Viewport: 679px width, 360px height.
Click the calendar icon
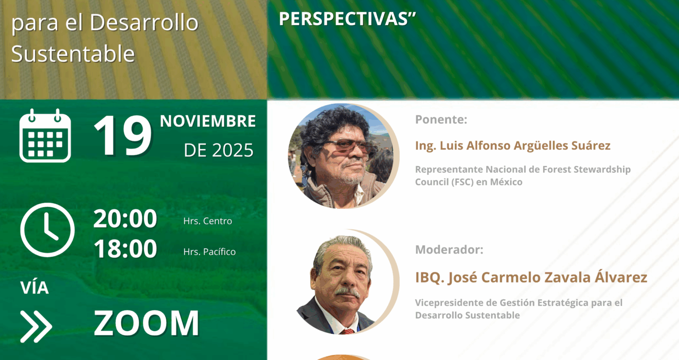tap(45, 136)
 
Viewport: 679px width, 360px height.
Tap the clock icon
tap(48, 230)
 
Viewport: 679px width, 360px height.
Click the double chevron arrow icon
tap(36, 327)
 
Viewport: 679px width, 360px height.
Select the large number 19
tap(123, 135)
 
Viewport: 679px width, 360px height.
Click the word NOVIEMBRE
tap(208, 121)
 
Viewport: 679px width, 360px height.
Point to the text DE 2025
tap(219, 150)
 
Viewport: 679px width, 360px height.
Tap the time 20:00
tap(125, 219)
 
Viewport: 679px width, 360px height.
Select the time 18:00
tap(125, 249)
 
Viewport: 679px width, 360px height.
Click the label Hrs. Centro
tap(208, 221)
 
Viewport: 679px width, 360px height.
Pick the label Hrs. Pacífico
tap(209, 251)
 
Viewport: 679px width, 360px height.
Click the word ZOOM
tap(147, 323)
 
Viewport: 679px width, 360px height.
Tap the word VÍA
tap(34, 287)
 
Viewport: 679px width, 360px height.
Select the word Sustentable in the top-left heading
tap(73, 54)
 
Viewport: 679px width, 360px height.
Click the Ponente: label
tap(441, 120)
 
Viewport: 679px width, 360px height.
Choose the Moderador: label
tap(449, 250)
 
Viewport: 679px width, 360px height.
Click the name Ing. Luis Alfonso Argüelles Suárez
tap(512, 146)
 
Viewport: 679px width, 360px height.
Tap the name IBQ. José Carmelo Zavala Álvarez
tap(531, 277)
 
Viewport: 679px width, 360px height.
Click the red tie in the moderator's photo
tap(347, 331)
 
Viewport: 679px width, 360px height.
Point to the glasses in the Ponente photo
tap(348, 147)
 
